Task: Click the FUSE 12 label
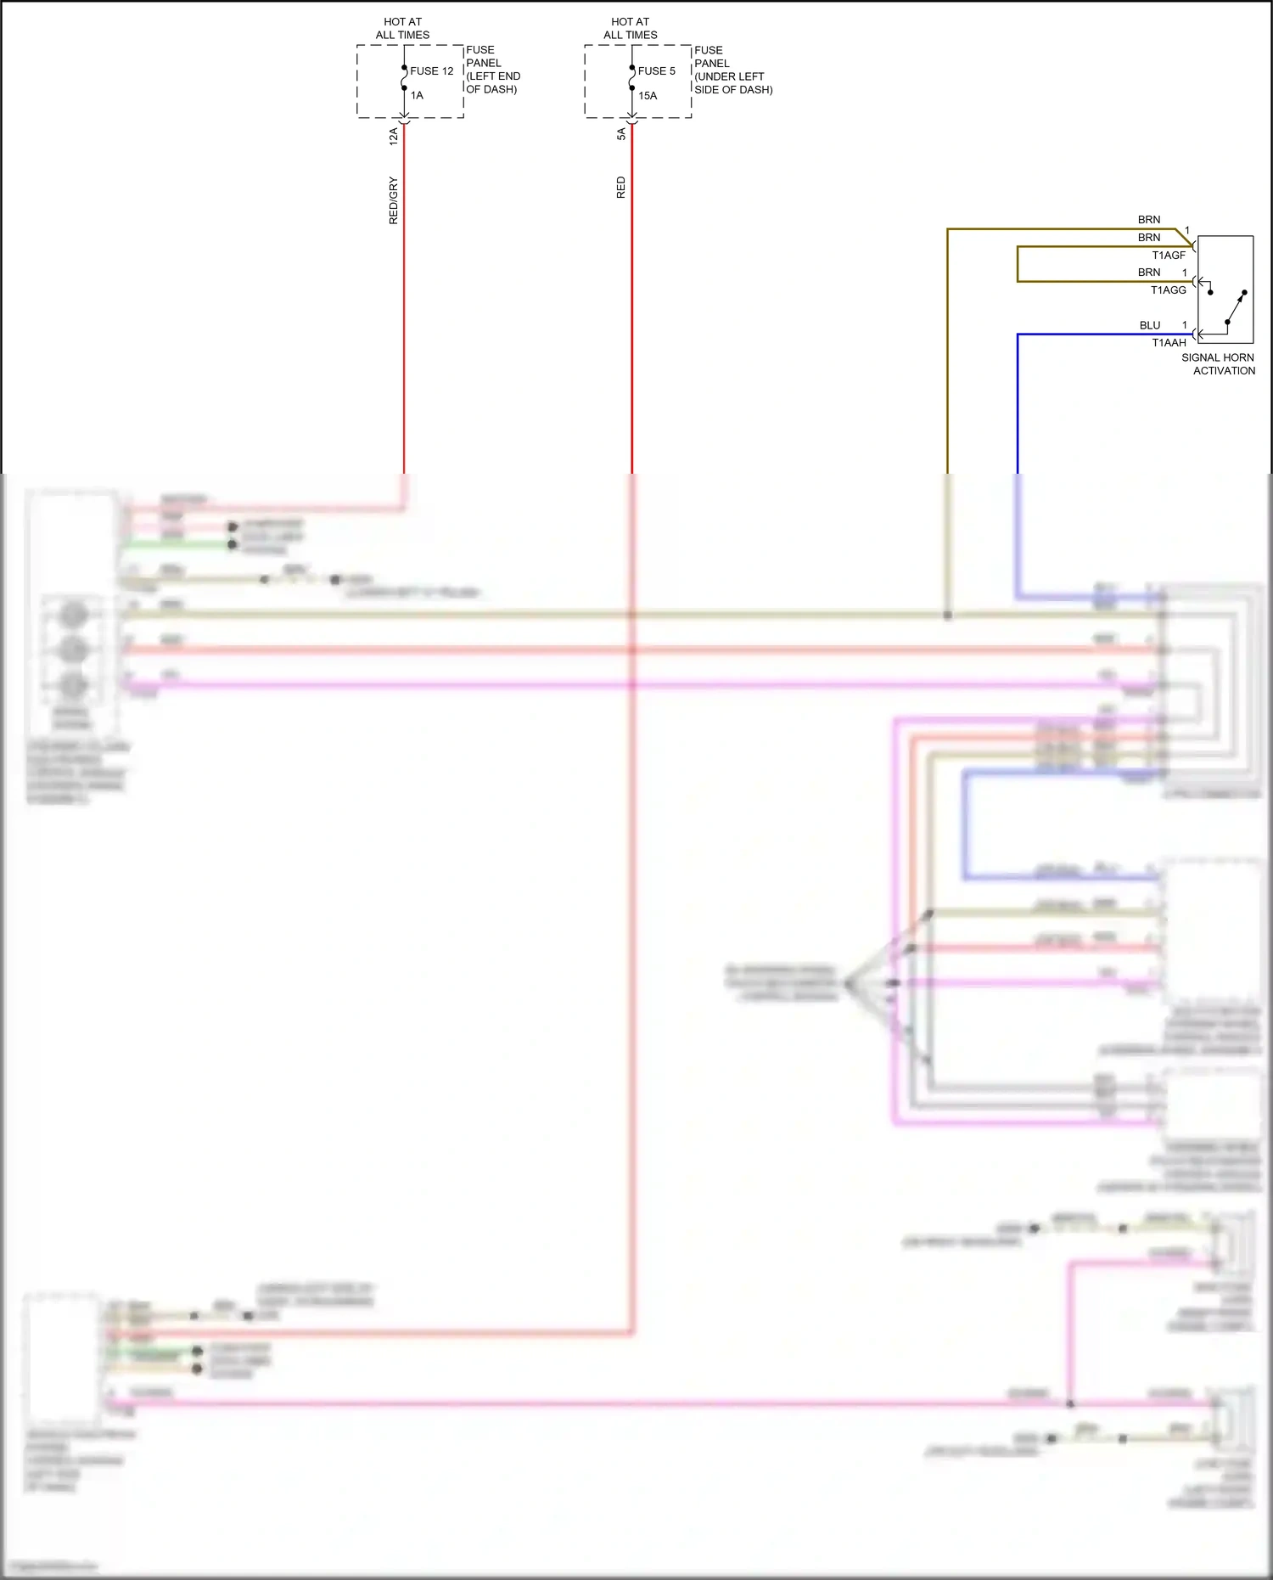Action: click(431, 71)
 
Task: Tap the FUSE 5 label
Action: click(656, 71)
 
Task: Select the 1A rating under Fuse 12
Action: click(417, 96)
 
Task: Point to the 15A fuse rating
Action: click(648, 96)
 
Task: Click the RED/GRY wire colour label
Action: click(393, 200)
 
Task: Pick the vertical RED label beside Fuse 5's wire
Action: click(620, 188)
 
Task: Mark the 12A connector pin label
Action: click(393, 136)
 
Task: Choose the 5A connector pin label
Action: click(620, 134)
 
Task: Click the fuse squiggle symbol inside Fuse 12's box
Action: click(404, 78)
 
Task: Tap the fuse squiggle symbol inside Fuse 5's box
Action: click(631, 78)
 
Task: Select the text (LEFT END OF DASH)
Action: click(493, 82)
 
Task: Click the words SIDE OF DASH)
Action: click(733, 90)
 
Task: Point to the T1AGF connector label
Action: click(1169, 256)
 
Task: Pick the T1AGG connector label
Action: click(1168, 290)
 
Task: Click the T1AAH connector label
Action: click(1169, 343)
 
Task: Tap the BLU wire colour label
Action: click(1150, 325)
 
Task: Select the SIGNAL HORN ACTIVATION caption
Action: click(1218, 364)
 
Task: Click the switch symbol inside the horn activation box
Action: click(1234, 307)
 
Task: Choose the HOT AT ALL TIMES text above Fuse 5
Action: click(630, 28)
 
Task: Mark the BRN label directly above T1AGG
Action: click(1149, 273)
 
